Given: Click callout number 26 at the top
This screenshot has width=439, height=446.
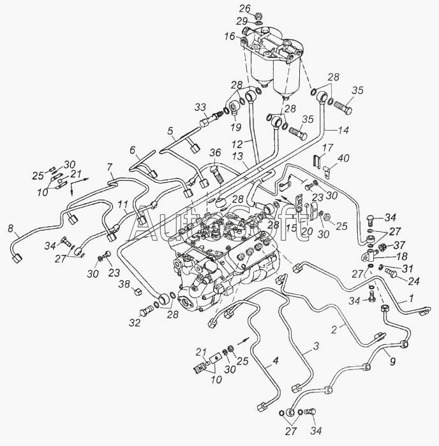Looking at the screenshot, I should click(x=245, y=9).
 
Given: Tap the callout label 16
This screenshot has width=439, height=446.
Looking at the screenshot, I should click(x=229, y=37).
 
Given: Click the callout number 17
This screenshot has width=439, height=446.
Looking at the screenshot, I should click(x=325, y=147).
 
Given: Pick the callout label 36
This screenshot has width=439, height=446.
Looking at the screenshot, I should click(x=215, y=152).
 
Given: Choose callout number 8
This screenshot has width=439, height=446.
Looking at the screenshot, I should click(x=10, y=228).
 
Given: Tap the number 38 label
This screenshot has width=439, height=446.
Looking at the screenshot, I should click(x=126, y=284).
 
